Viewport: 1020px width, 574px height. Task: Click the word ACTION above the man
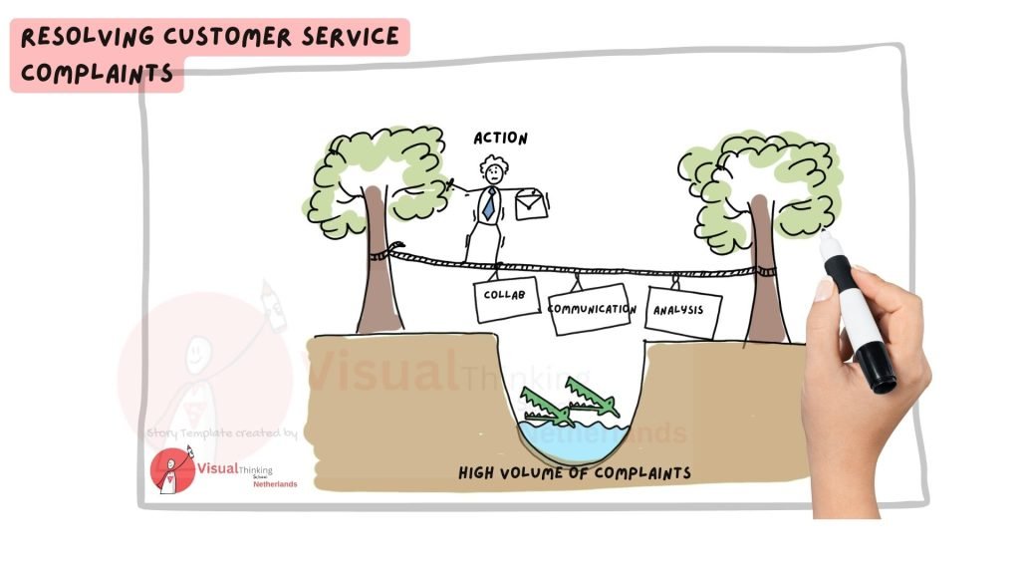501,139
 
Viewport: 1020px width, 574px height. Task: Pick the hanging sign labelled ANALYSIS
682,311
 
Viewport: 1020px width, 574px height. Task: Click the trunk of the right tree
767,269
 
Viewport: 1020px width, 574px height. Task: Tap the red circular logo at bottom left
171,470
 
